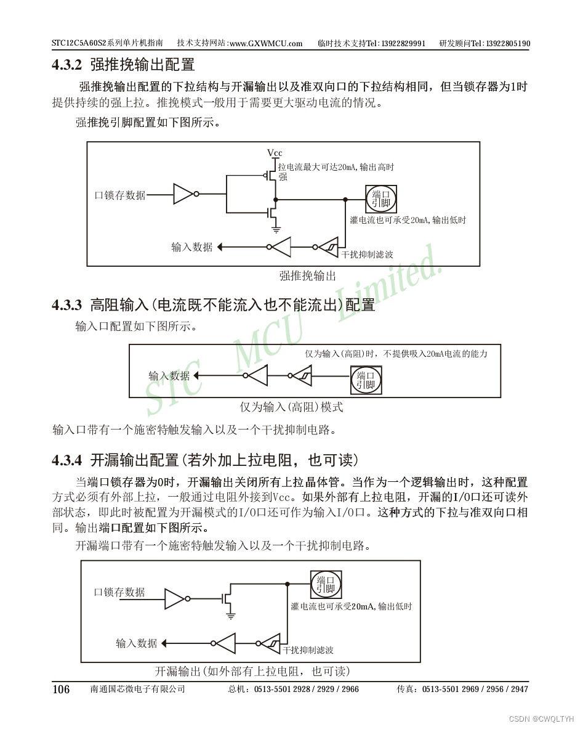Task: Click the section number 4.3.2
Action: point(67,65)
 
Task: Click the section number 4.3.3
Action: point(67,305)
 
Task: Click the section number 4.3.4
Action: point(67,460)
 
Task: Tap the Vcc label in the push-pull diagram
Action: point(275,153)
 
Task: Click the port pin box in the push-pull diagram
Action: point(381,199)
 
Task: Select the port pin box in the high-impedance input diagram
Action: point(366,380)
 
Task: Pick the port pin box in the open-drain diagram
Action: point(326,584)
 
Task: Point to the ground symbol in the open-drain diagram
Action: point(230,616)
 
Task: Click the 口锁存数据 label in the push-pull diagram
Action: point(120,195)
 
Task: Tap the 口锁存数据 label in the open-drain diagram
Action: point(119,592)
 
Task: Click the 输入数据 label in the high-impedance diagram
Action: point(169,376)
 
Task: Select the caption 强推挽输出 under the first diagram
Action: point(308,276)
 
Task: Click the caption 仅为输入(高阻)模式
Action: point(291,407)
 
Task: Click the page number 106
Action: point(61,689)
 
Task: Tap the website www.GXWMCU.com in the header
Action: point(266,44)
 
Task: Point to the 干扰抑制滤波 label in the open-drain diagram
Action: point(308,650)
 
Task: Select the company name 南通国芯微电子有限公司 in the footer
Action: point(137,689)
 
